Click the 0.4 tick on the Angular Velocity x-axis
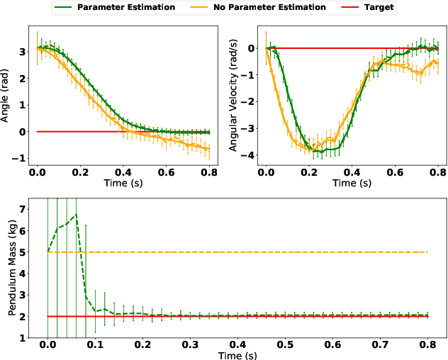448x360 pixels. (353, 171)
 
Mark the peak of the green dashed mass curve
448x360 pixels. (76, 214)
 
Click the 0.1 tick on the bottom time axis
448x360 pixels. (95, 344)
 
